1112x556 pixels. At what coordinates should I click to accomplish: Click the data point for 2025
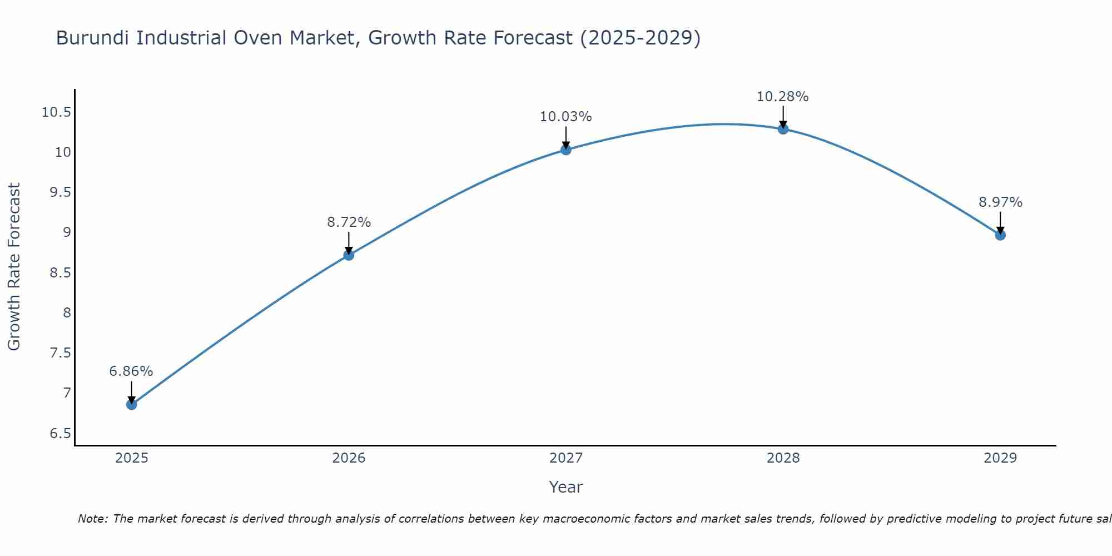pos(131,404)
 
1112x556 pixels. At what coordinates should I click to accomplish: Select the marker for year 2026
pos(349,255)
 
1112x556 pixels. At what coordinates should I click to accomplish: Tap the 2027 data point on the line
pos(566,149)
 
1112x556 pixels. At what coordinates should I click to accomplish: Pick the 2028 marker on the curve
pos(783,129)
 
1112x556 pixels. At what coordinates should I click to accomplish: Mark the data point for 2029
pos(1000,235)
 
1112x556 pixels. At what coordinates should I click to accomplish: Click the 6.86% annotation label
pos(131,371)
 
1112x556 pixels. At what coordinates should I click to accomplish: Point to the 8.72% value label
pos(349,222)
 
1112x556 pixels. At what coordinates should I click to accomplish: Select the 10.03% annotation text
pos(566,117)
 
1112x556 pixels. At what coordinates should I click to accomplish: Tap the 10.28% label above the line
pos(783,97)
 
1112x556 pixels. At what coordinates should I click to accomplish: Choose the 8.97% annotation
pos(1000,202)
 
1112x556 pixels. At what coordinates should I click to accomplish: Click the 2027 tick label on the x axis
pos(566,458)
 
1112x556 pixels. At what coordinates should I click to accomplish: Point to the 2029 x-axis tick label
pos(1000,458)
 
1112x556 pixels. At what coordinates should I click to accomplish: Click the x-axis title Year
pos(565,488)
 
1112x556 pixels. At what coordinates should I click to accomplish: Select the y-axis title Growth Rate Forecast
pos(14,267)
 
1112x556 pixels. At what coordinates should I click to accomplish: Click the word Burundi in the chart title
pos(93,38)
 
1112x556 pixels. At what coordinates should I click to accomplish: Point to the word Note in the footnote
pos(92,519)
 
